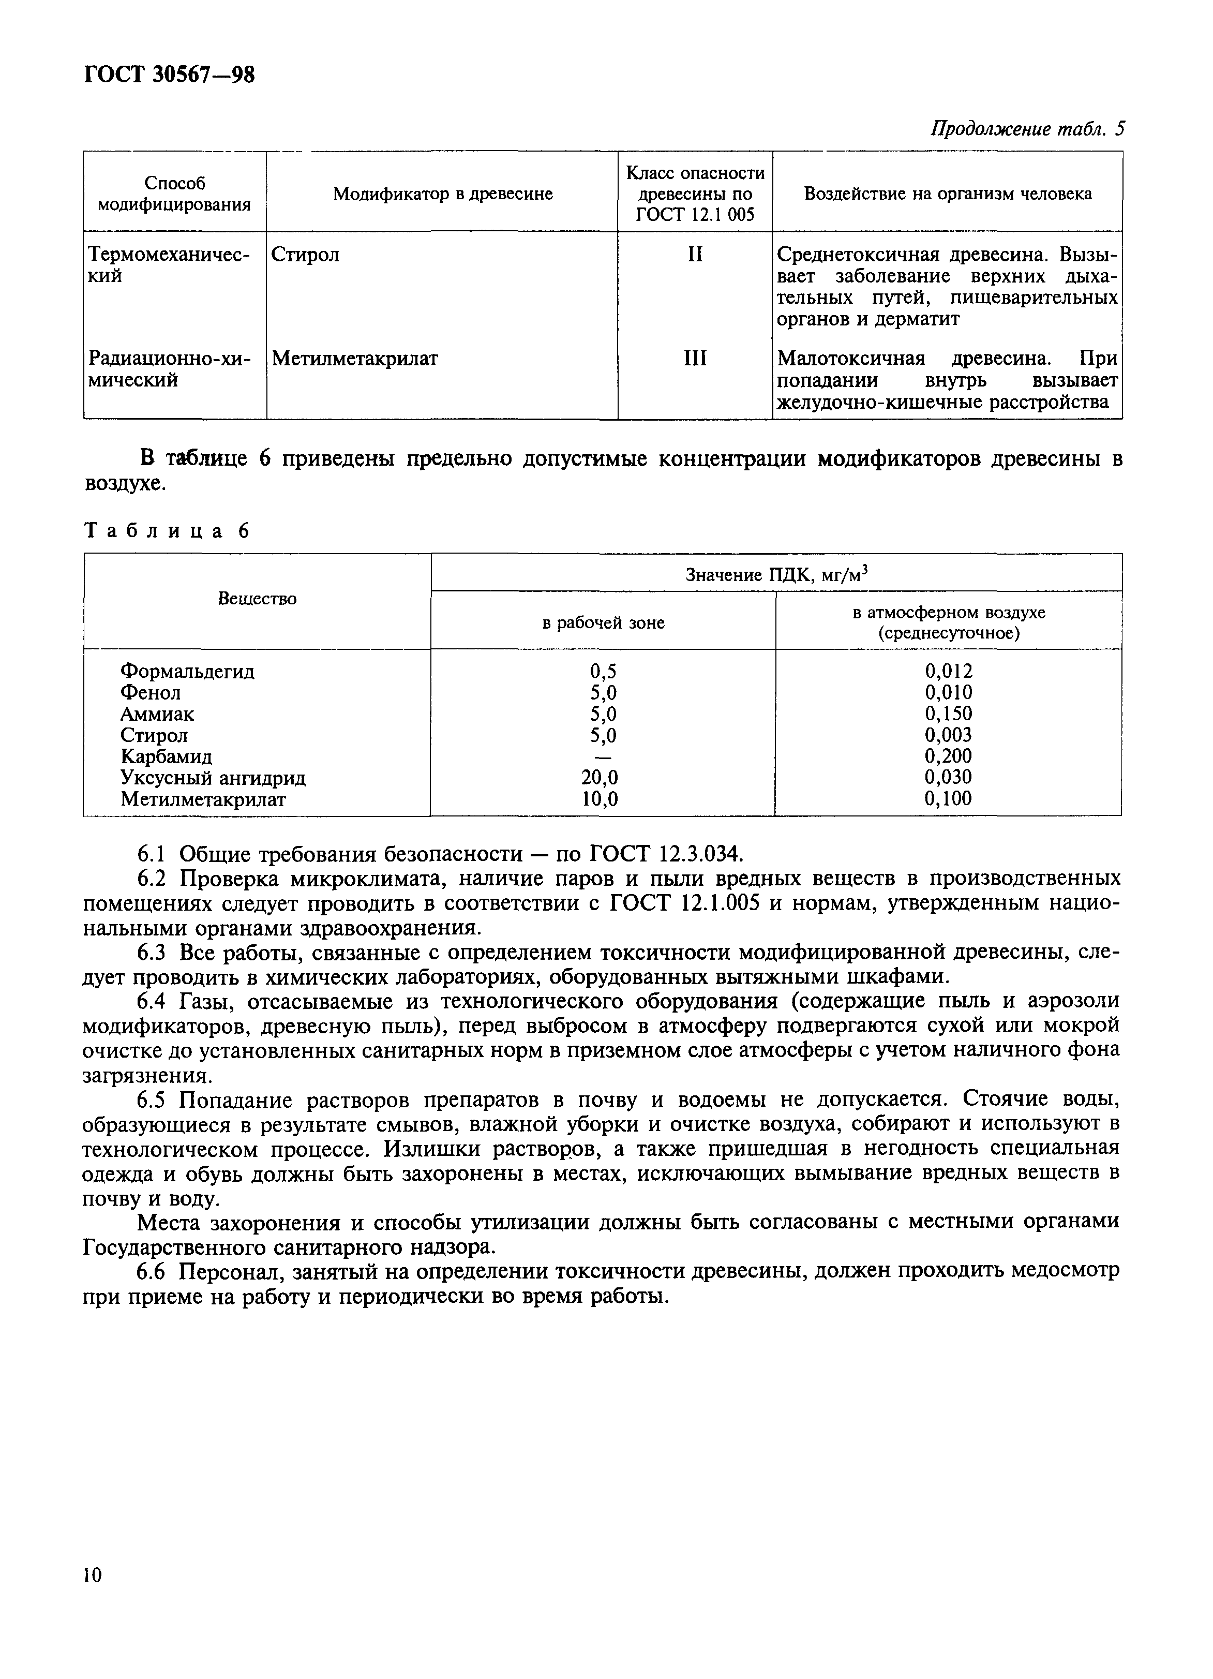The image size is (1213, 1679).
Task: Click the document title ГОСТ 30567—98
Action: click(x=170, y=76)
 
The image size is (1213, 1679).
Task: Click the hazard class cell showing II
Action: click(x=694, y=255)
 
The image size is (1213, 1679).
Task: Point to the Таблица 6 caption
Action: click(x=167, y=531)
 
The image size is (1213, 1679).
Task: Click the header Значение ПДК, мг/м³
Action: click(x=775, y=574)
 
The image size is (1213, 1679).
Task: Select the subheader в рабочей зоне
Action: click(x=603, y=622)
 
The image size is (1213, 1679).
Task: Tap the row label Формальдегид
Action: click(x=187, y=672)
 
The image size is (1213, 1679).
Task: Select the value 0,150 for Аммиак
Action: click(x=948, y=714)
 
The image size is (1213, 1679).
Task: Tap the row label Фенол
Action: click(x=150, y=693)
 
